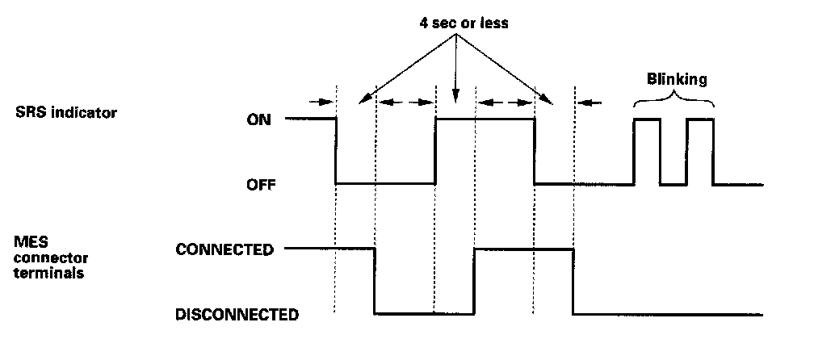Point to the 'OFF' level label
tap(262, 184)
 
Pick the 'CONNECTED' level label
tap(225, 249)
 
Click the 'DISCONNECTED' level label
tap(237, 314)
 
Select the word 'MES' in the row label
tap(29, 240)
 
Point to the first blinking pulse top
tap(647, 119)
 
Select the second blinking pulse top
tap(700, 119)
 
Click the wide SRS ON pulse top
tap(485, 119)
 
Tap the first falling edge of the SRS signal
tap(336, 152)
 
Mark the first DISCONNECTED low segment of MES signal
tap(423, 313)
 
